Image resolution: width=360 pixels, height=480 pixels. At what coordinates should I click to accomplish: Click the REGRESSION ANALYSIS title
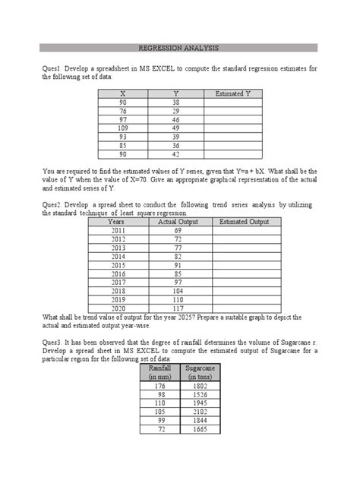pos(179,47)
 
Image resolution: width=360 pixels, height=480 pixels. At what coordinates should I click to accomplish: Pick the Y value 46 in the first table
pos(175,120)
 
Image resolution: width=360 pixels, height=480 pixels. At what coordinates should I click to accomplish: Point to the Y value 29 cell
pos(175,111)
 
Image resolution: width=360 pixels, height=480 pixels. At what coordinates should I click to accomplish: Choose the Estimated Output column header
pos(244,222)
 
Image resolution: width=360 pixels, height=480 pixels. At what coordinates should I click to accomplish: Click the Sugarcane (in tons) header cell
pos(200,372)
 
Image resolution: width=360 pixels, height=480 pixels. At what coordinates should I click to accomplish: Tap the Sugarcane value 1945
pos(200,402)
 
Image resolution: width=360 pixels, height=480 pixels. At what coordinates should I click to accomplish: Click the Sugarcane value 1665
pos(200,429)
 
